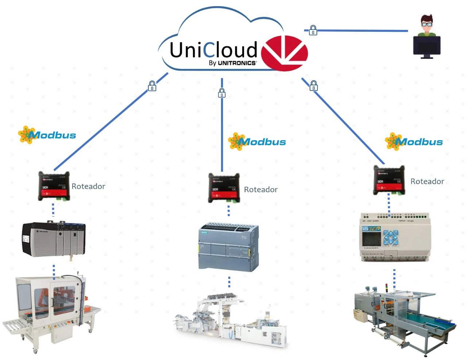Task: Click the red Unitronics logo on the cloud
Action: click(x=287, y=53)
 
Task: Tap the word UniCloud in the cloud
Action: click(x=213, y=50)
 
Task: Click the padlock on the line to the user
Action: click(x=313, y=30)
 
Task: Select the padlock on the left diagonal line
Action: click(x=152, y=86)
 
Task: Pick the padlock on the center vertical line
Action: click(x=222, y=93)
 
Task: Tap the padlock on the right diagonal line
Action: click(x=313, y=86)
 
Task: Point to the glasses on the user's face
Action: click(x=427, y=24)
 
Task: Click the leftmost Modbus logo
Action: click(x=47, y=135)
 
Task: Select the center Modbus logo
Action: click(x=257, y=142)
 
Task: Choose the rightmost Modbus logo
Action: click(x=414, y=142)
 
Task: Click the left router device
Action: click(x=54, y=186)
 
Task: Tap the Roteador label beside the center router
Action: click(x=260, y=190)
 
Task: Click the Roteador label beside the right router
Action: click(x=427, y=182)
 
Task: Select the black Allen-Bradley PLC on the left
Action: click(x=54, y=239)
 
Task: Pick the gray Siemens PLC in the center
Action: click(x=229, y=247)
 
